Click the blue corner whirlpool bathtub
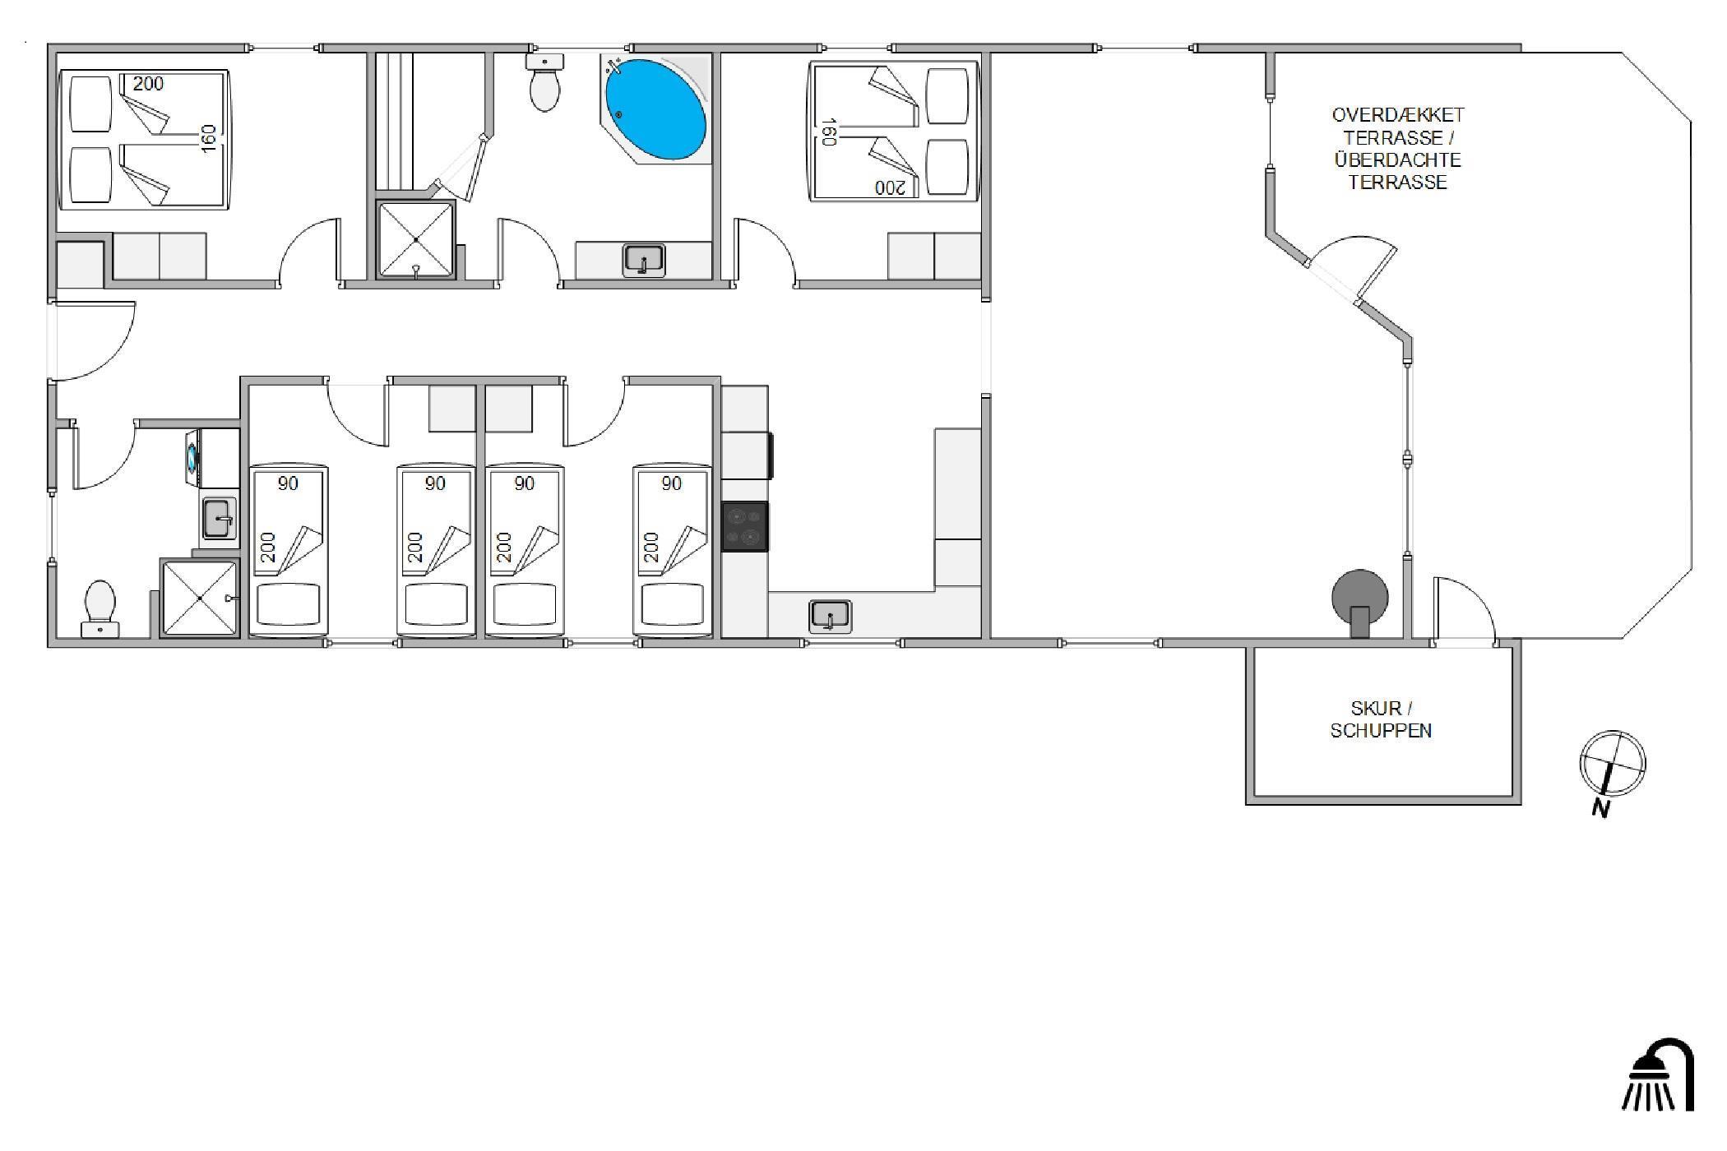point(655,109)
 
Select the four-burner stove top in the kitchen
point(745,527)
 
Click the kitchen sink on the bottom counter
point(830,616)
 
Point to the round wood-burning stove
point(1360,599)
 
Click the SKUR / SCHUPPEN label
point(1381,719)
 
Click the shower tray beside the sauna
point(415,239)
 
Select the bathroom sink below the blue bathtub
point(644,260)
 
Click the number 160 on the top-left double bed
point(209,138)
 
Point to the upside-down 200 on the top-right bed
point(888,187)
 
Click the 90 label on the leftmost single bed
point(288,483)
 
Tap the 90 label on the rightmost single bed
point(672,483)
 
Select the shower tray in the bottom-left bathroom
point(200,598)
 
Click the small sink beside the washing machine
point(220,519)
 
